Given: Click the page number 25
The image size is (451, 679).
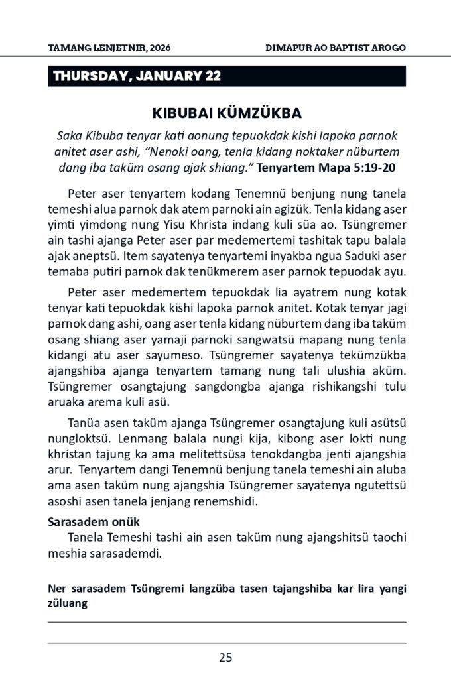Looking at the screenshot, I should point(225,658).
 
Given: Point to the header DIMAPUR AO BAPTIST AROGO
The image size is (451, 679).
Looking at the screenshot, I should point(335,48).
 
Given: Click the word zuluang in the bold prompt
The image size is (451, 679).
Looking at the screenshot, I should point(68,603).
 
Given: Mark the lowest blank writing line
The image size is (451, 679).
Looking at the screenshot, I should point(226,643).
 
